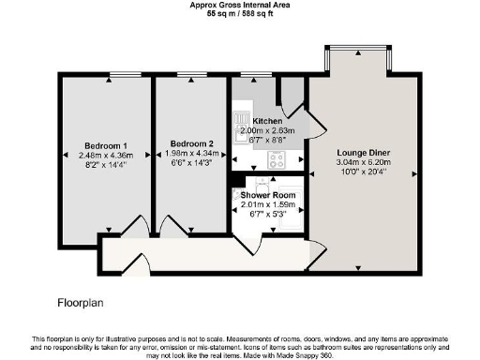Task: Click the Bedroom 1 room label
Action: tap(106, 146)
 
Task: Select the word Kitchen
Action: tap(268, 121)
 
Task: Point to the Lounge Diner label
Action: tap(364, 152)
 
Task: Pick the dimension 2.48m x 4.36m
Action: tap(106, 156)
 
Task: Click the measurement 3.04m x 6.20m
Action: tap(364, 161)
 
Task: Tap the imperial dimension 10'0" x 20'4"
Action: tap(364, 171)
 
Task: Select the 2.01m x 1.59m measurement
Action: tap(267, 204)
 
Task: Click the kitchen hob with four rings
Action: tap(277, 159)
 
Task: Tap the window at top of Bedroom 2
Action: tap(192, 74)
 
